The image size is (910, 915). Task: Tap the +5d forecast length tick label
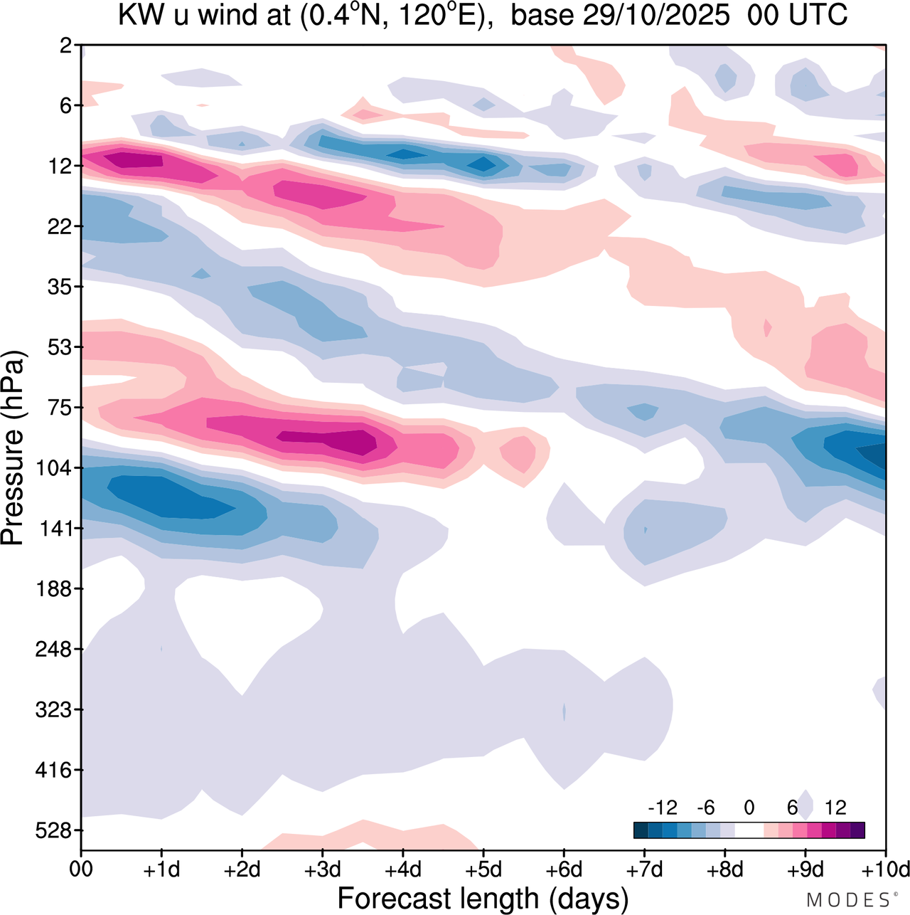483,869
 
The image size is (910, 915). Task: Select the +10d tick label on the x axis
886,869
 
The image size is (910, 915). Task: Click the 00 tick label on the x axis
81,869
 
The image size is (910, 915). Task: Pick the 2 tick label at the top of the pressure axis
66,46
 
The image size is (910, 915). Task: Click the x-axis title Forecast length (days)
483,898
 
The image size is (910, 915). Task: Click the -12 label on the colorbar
663,808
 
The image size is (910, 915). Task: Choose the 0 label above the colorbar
749,808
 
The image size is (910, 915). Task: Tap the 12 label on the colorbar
835,808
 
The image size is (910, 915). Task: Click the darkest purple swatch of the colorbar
857,830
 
